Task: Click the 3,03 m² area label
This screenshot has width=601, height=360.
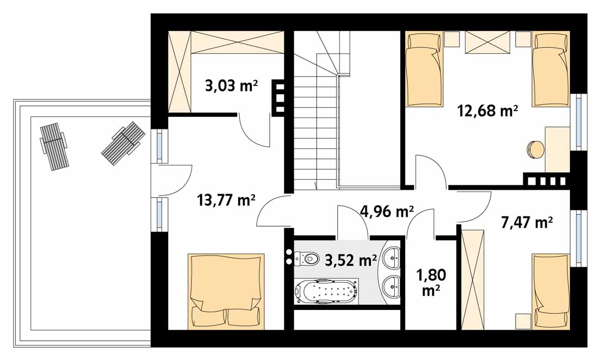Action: click(x=231, y=85)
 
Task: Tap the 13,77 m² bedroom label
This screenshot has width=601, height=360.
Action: click(x=226, y=200)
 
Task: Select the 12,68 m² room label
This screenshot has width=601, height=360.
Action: click(x=487, y=111)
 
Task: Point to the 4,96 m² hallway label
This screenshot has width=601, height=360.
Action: click(x=387, y=211)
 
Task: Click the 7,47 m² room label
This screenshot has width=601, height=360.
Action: click(x=526, y=222)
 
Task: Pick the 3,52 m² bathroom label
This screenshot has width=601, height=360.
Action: click(x=351, y=260)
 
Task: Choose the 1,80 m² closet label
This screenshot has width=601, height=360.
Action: click(x=431, y=283)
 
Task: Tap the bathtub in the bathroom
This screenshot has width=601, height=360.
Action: click(x=326, y=291)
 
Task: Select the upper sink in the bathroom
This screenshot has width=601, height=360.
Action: click(x=393, y=258)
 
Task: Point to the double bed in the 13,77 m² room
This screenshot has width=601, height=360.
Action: click(x=226, y=291)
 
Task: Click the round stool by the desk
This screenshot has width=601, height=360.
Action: click(x=535, y=149)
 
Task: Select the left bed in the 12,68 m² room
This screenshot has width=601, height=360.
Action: click(x=424, y=69)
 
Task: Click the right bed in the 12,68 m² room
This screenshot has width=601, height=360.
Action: click(x=550, y=69)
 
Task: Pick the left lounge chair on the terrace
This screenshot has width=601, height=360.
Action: click(x=54, y=146)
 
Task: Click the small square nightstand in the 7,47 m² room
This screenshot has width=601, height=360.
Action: click(x=522, y=320)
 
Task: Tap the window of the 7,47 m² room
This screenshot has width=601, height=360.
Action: click(x=579, y=238)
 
